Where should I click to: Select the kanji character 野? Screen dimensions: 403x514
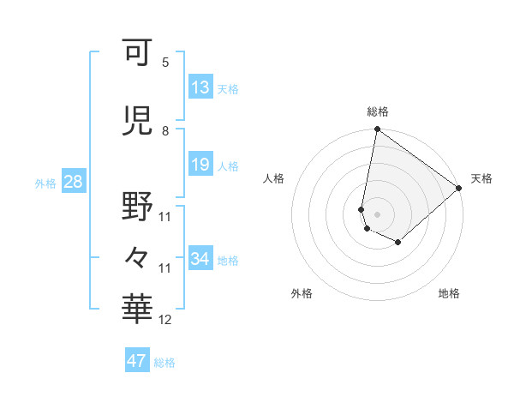tap(137, 207)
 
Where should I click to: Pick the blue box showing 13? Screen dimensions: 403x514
tap(200, 87)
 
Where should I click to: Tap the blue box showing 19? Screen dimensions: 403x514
tap(200, 165)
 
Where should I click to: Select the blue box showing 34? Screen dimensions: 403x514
tap(200, 259)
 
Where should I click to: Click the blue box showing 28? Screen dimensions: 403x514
tap(72, 182)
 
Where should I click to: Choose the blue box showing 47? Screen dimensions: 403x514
tap(137, 361)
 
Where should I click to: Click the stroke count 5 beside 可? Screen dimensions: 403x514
tap(165, 63)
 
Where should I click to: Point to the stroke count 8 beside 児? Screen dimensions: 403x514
tap(165, 131)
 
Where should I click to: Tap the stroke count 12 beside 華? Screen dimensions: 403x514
tap(165, 320)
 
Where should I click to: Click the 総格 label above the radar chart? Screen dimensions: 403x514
tap(377, 111)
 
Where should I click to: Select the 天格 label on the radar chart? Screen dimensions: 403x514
tap(481, 178)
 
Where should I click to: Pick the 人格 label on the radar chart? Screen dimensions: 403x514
tap(274, 178)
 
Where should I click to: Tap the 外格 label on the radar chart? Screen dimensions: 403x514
tap(302, 294)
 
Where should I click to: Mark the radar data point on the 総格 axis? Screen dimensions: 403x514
tap(377, 130)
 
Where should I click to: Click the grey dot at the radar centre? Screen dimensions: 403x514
tap(377, 214)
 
